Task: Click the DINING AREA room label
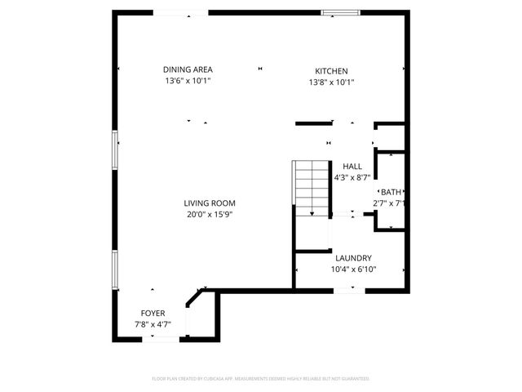coord(187,70)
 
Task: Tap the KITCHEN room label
coord(332,71)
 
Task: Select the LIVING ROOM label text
coord(210,203)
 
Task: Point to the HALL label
coord(352,166)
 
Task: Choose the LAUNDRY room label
coord(353,257)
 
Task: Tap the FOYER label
coord(153,313)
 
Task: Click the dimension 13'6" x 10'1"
coord(187,82)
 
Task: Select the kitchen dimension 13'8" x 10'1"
coord(332,82)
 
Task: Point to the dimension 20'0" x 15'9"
coord(210,215)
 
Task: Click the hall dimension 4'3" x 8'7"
coord(352,177)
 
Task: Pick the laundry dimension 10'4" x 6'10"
coord(353,269)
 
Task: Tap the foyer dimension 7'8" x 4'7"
coord(153,324)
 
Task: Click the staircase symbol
coord(311,189)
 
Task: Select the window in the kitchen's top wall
coord(340,12)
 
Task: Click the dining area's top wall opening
coord(181,12)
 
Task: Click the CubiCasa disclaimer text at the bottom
coord(261,379)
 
